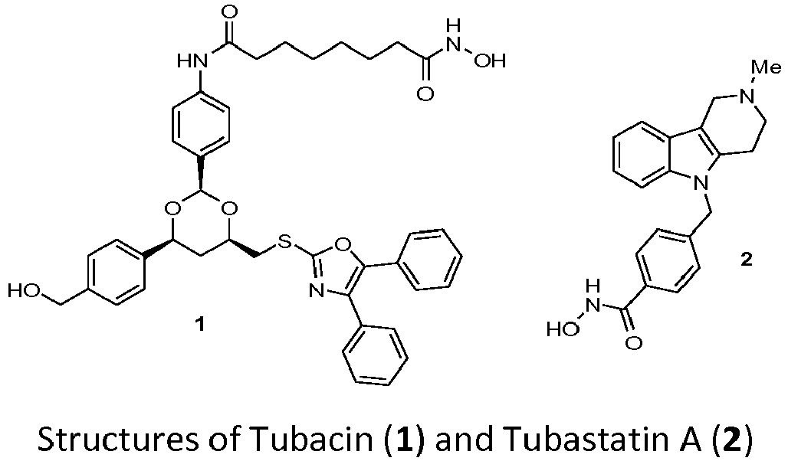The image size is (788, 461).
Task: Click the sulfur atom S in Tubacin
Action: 284,244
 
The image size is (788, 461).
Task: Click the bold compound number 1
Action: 199,325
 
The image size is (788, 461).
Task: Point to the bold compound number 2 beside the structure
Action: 747,259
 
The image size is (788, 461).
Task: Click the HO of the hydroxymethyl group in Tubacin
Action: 21,292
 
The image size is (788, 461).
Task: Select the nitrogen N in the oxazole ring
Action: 317,291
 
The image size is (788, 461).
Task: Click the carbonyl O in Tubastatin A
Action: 634,343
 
